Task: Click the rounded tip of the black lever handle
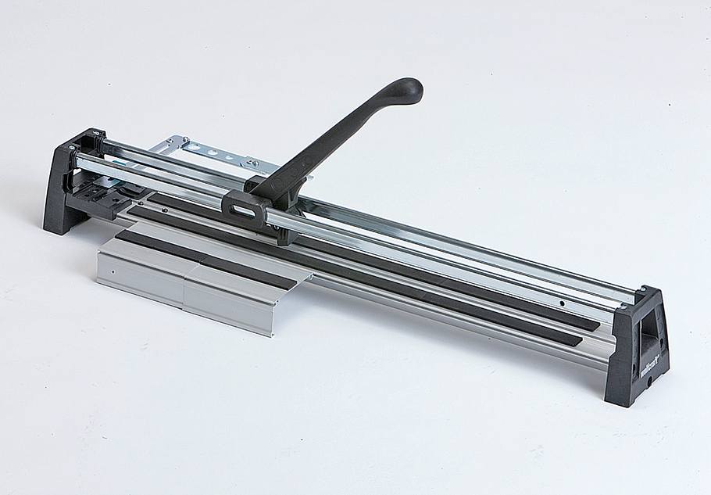point(408,90)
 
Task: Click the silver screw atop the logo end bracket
point(642,290)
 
